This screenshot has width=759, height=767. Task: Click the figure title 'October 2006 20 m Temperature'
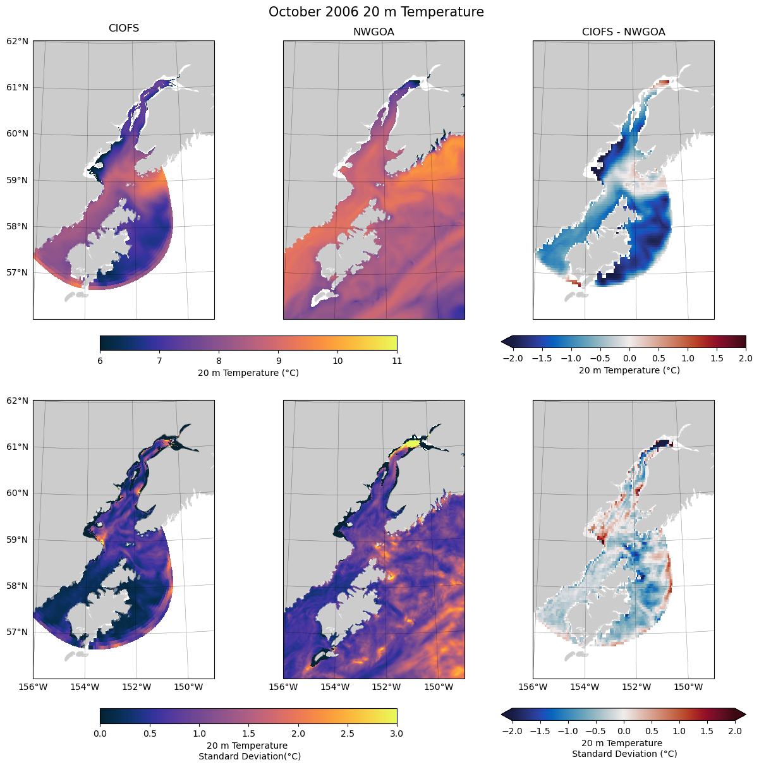click(376, 12)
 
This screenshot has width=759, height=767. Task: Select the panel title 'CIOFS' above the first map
click(124, 28)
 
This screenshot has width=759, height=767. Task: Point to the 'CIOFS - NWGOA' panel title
click(623, 32)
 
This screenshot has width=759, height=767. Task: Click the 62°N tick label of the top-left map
click(17, 41)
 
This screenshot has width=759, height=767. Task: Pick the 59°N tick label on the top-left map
click(17, 180)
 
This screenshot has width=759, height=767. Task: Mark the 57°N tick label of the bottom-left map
click(17, 632)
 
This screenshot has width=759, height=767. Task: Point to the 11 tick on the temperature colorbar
click(397, 361)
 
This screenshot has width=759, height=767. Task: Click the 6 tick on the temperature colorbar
click(100, 361)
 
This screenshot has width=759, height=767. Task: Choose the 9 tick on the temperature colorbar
click(278, 361)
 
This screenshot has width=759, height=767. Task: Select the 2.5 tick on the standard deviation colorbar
click(348, 734)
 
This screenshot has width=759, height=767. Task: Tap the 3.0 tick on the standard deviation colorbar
click(397, 734)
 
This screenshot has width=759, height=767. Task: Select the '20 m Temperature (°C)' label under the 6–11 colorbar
click(248, 373)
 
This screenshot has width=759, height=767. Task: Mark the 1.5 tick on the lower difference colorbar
click(707, 731)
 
